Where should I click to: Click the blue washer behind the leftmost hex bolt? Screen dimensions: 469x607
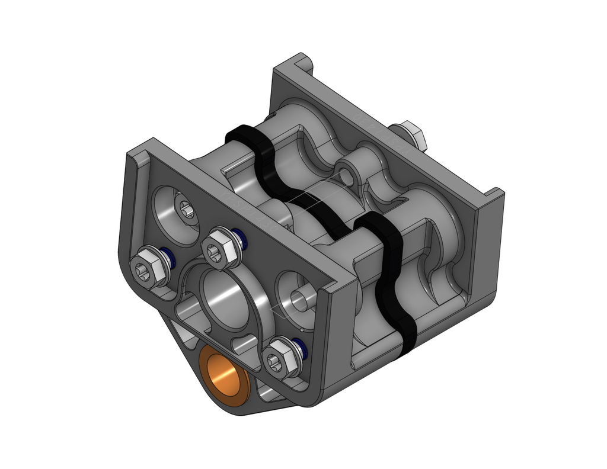[170, 258]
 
